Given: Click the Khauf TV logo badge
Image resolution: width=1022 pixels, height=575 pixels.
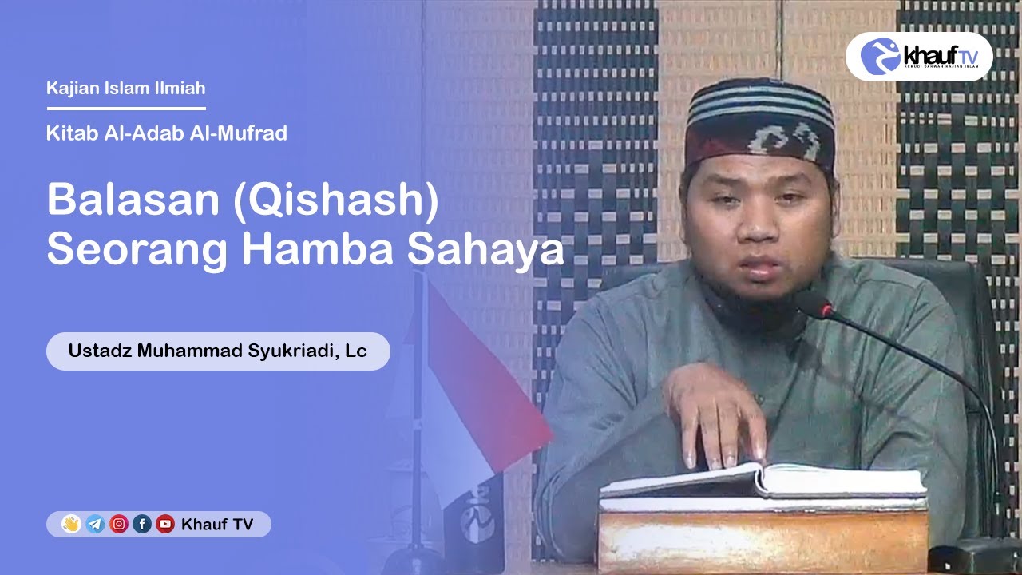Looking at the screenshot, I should [918, 56].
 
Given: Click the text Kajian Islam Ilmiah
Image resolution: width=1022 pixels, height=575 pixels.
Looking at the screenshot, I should [126, 88].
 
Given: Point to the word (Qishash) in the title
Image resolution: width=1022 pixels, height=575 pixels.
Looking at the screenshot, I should [335, 202].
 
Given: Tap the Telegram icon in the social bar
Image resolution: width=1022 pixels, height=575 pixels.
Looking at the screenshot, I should [95, 525].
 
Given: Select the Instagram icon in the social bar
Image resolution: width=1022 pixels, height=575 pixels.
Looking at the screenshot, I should [119, 525].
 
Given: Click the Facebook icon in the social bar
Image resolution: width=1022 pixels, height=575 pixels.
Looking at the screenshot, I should [142, 525].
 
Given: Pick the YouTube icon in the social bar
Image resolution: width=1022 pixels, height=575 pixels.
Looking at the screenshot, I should [165, 525].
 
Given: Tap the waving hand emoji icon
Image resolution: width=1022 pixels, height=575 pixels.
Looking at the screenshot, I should [72, 525].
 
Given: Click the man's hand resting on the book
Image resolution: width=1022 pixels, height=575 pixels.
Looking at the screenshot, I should [715, 415].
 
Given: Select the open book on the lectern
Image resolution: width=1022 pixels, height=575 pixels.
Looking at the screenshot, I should [763, 481].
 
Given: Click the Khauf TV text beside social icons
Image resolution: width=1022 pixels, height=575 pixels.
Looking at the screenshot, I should [217, 525].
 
